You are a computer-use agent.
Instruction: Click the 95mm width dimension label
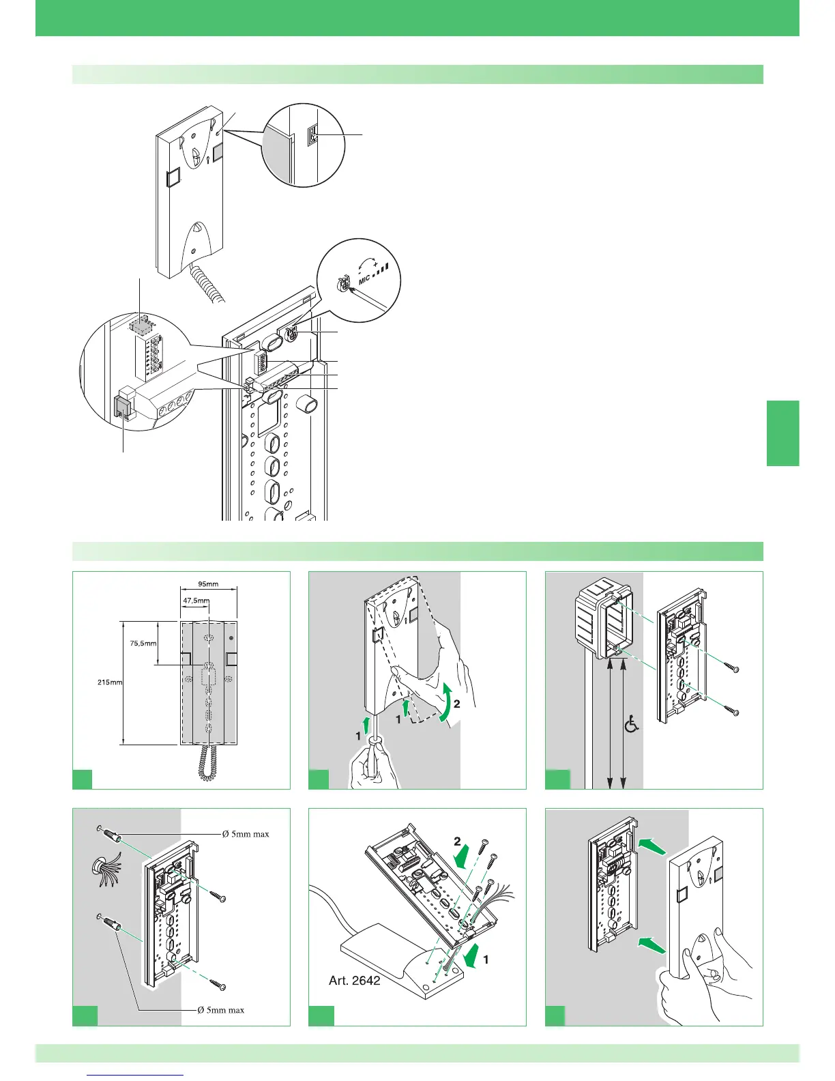(208, 584)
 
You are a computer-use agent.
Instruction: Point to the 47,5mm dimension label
(196, 601)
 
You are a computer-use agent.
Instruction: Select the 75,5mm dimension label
(143, 642)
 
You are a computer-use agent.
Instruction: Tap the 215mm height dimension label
(110, 682)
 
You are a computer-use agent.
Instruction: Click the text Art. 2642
(355, 981)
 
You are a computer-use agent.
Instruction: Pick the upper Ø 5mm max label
(246, 833)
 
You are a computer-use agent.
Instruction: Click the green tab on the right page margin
(782, 433)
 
